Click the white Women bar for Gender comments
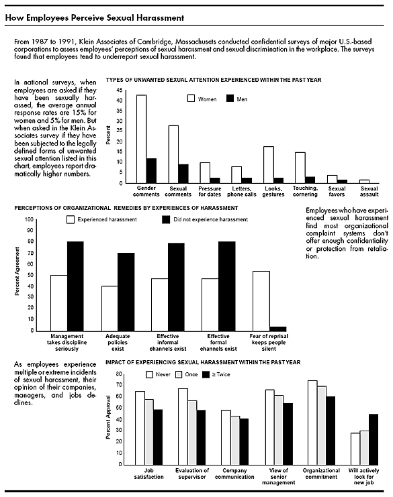142,139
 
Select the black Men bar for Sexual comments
183,174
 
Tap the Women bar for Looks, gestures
269,165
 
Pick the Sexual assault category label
369,191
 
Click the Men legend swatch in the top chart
230,99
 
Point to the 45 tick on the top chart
120,91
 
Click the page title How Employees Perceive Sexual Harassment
95,17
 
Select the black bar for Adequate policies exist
126,292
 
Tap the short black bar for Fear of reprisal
277,329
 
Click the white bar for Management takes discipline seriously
59,303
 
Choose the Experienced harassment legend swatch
71,219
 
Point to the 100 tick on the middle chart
30,219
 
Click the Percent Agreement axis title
17,272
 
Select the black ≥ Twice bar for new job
374,439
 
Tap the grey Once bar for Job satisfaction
149,432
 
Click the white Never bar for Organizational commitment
312,423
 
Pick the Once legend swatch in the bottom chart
179,375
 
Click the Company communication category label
234,474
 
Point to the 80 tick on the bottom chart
119,374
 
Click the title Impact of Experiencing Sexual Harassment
203,362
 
